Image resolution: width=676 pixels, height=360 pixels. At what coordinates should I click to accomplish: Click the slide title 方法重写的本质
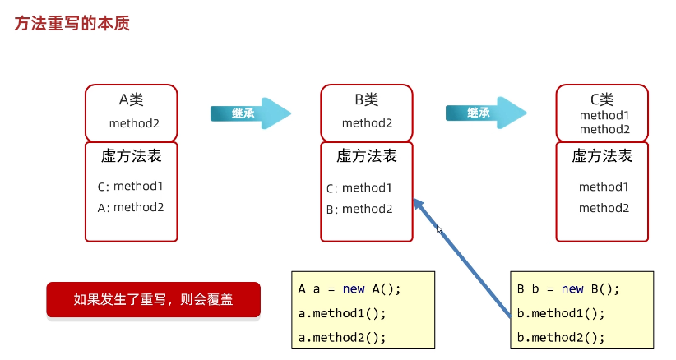(x=72, y=24)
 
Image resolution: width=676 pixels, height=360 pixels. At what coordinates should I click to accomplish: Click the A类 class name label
(x=132, y=100)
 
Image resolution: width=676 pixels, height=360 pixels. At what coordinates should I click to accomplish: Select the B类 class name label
(x=367, y=100)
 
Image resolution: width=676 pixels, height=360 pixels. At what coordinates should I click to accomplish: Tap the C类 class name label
(x=603, y=99)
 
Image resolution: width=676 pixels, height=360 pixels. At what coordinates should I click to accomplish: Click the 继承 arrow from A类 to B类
(x=250, y=113)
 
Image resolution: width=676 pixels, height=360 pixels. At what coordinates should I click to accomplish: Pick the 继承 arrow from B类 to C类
(x=485, y=113)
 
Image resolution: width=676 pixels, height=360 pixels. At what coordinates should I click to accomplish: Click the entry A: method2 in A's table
(x=131, y=208)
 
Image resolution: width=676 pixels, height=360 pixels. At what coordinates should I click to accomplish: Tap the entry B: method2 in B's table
(x=359, y=209)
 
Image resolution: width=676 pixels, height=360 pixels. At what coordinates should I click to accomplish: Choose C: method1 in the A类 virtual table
(x=131, y=187)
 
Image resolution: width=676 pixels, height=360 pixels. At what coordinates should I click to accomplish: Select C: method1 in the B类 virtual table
(x=359, y=188)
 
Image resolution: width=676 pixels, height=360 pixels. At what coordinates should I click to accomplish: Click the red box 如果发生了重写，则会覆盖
(x=153, y=300)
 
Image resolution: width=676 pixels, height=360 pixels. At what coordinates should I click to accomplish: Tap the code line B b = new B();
(x=568, y=289)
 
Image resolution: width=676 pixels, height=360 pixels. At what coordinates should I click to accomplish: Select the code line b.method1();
(x=561, y=313)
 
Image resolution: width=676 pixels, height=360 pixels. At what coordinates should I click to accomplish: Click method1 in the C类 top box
(x=604, y=116)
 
